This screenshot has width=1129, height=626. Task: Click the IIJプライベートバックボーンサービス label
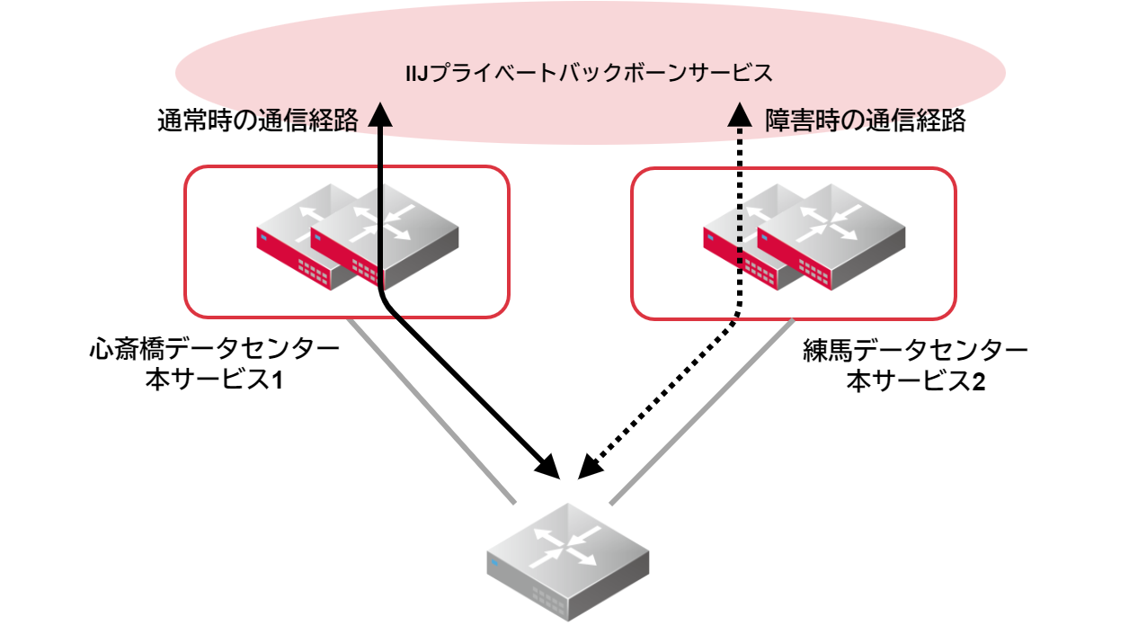tap(590, 73)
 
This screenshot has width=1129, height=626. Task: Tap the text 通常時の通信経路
tap(258, 121)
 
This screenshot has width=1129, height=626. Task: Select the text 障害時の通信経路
tap(866, 121)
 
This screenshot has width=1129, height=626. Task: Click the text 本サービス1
tap(215, 380)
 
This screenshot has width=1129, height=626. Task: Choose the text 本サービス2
tap(915, 381)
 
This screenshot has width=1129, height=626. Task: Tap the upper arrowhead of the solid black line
tap(381, 114)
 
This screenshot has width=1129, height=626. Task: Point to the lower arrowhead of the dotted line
tap(590, 468)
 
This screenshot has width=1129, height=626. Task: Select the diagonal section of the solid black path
tap(467, 387)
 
